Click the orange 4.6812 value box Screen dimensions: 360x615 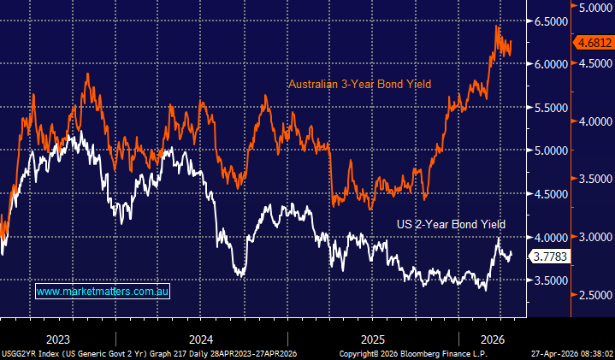pyautogui.click(x=593, y=42)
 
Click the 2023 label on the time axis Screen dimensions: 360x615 pyautogui.click(x=58, y=337)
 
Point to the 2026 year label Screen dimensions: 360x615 pyautogui.click(x=491, y=337)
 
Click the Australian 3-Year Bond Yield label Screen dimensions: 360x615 pyautogui.click(x=359, y=84)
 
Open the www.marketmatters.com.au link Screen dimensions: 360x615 pyautogui.click(x=103, y=292)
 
